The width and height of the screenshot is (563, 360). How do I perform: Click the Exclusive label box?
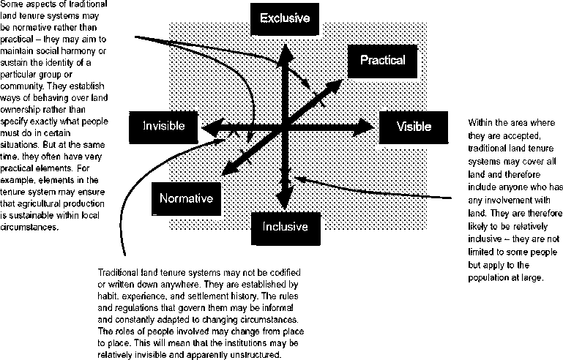[x=285, y=18]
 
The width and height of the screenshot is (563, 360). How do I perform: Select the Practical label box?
[x=382, y=61]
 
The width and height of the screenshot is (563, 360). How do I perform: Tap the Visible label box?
[x=414, y=126]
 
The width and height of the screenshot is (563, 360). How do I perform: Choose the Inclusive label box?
[x=285, y=226]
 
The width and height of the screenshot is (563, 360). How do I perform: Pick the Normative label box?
[x=186, y=198]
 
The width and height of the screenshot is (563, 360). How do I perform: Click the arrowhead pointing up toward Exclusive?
[x=284, y=48]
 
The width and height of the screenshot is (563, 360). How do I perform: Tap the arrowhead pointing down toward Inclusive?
[x=284, y=204]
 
